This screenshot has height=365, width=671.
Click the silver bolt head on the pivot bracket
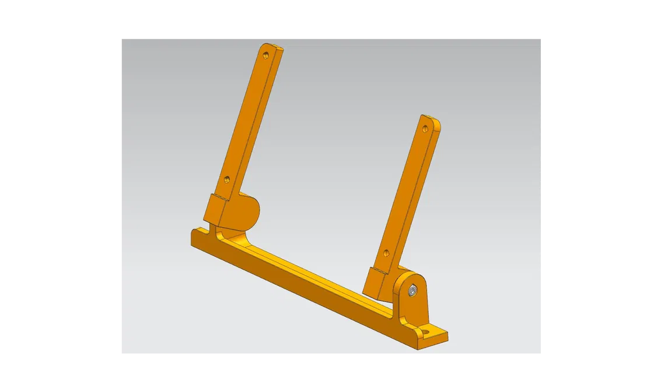click(x=413, y=290)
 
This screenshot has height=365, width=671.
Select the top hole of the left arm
click(x=266, y=56)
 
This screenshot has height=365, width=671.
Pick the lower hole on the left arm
click(x=227, y=179)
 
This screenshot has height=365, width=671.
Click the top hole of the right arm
click(x=425, y=127)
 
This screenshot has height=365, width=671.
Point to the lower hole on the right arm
click(x=386, y=253)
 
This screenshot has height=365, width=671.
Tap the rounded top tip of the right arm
click(x=431, y=120)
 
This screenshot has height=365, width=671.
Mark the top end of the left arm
click(x=272, y=47)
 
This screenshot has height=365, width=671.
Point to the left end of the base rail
click(x=195, y=237)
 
